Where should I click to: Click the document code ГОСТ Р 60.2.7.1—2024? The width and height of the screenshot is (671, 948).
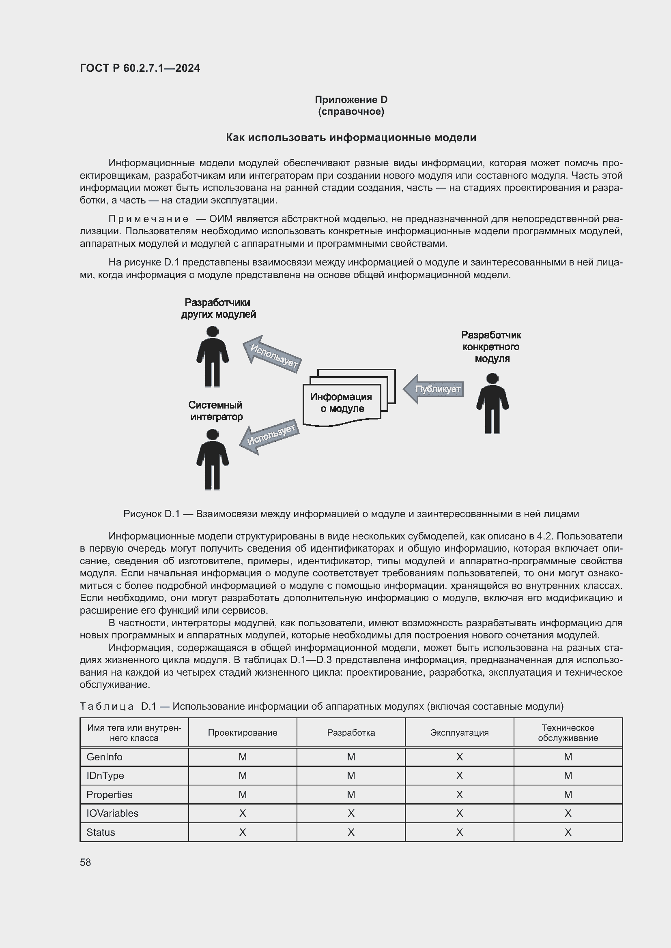pos(140,68)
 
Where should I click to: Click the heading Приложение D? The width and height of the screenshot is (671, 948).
pos(351,100)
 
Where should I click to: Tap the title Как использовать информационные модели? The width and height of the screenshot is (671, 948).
pos(351,137)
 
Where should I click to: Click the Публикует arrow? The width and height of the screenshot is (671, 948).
pos(434,389)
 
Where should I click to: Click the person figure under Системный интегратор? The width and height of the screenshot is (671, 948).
pos(212,459)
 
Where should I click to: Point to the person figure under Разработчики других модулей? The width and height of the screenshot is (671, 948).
pos(212,356)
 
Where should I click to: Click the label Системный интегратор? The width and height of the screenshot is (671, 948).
pos(216,411)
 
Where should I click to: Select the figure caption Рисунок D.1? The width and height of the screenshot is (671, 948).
pos(351,514)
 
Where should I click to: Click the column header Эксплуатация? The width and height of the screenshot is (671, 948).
pos(459,733)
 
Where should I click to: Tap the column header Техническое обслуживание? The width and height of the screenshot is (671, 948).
pos(568,733)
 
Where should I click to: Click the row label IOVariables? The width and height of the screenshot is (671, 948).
pos(112,813)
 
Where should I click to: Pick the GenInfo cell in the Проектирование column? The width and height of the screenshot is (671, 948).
pos(243,757)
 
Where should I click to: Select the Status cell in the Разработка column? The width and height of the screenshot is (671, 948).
pos(351,832)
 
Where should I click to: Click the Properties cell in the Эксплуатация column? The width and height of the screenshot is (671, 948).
pos(459,794)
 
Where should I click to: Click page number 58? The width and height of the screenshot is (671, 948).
pos(86,862)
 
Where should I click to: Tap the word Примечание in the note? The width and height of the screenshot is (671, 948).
pos(148,219)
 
